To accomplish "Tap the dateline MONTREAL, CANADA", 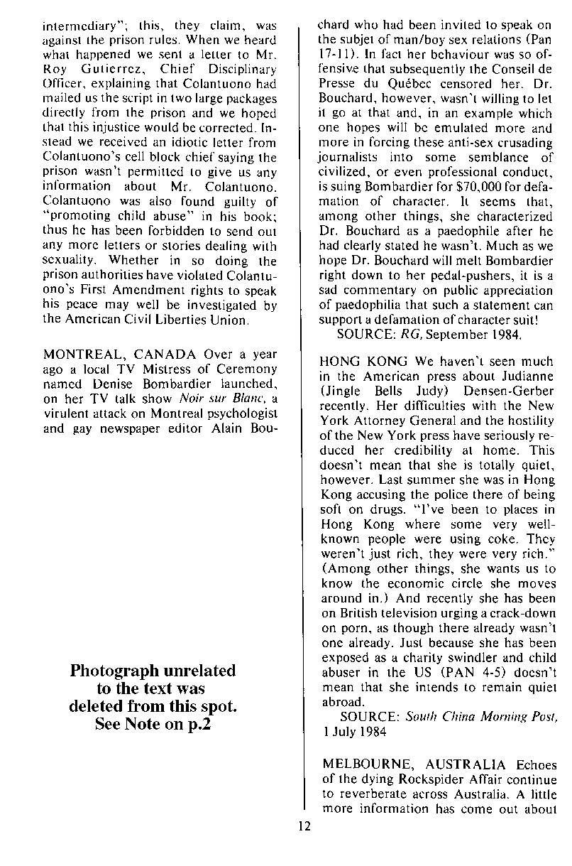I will [121, 354].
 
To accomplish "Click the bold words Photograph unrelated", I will [153, 671].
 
